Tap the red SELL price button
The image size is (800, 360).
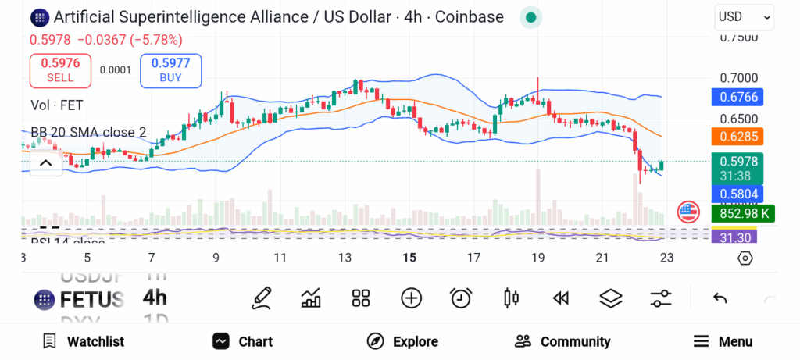pos(60,71)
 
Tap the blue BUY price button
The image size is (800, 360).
pos(171,71)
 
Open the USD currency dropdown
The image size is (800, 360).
pos(744,16)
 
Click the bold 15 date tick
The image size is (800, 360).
pos(409,258)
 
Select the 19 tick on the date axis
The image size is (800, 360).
pos(537,258)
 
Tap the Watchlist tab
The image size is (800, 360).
pos(83,341)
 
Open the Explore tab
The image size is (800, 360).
pos(402,341)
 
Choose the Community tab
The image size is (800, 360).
pos(562,341)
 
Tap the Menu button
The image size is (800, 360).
pos(723,341)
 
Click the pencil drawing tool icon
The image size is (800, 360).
pos(262,298)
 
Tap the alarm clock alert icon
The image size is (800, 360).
pos(461,298)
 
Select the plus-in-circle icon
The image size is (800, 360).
pos(411,298)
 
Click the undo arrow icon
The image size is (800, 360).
pos(720,298)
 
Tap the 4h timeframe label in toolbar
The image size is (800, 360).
pos(155,298)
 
